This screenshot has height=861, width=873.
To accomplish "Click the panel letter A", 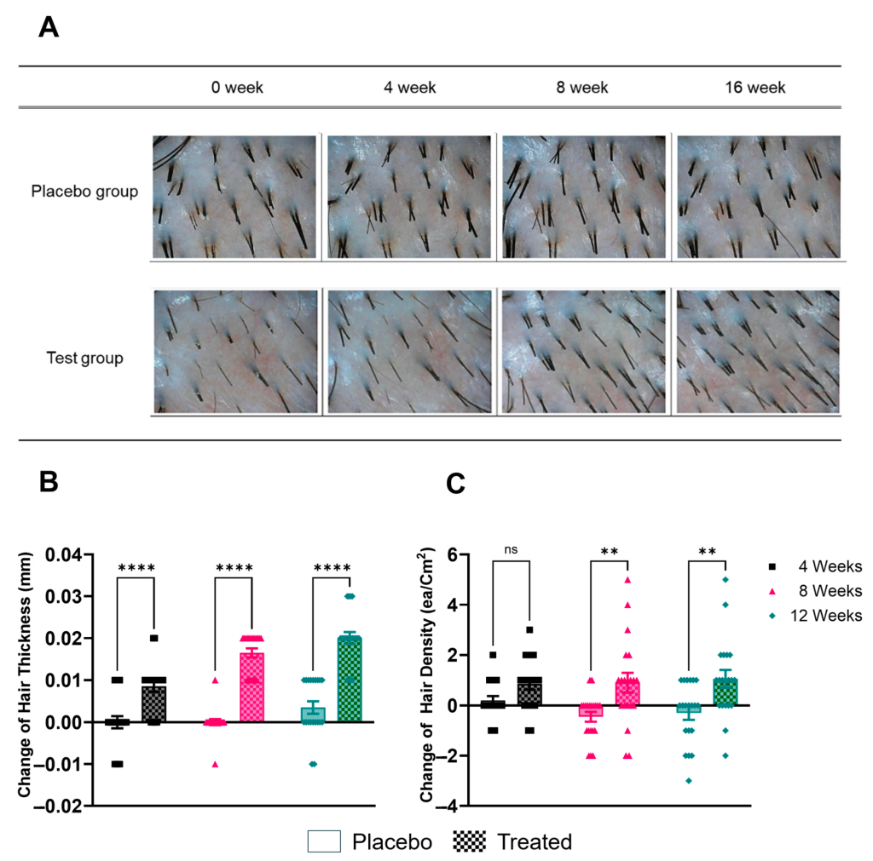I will pos(49,28).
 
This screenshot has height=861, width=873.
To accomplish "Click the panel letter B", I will pos(49,482).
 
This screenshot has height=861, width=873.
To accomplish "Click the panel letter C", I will pos(457,484).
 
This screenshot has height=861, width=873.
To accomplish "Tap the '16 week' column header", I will pos(755,88).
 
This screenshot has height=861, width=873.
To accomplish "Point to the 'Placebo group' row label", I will pos(84,192).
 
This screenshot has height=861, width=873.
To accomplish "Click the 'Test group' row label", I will pos(84,358).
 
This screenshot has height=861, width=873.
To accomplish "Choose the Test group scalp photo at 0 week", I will pos(234,351).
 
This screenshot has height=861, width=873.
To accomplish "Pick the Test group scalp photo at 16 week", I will pos(759,351).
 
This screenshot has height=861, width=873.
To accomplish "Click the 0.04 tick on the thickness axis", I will pos(80,555).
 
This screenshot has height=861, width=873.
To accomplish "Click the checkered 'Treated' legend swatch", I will pos(465,841).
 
